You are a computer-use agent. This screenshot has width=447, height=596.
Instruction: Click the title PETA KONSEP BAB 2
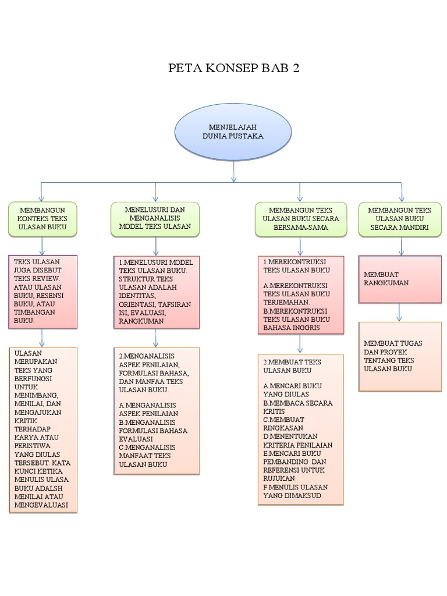[233, 68]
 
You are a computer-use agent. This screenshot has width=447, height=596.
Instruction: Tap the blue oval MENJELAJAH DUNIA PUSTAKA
[233, 132]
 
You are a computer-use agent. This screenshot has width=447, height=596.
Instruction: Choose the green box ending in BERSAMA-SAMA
[300, 219]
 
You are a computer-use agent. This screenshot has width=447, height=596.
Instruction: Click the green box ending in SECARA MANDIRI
[399, 219]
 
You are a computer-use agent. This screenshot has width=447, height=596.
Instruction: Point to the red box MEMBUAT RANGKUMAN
[399, 279]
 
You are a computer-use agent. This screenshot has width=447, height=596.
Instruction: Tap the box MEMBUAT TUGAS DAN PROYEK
[399, 356]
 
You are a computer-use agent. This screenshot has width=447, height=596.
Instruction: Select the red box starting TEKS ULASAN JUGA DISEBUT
[42, 291]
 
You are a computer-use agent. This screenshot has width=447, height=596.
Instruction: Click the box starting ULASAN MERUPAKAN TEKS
[42, 429]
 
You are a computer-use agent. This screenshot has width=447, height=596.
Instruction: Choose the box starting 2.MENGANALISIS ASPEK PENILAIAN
[155, 410]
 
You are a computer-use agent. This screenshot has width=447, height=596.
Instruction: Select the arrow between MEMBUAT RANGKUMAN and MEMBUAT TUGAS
[399, 313]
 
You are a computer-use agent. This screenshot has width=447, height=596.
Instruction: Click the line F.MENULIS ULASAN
[296, 487]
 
